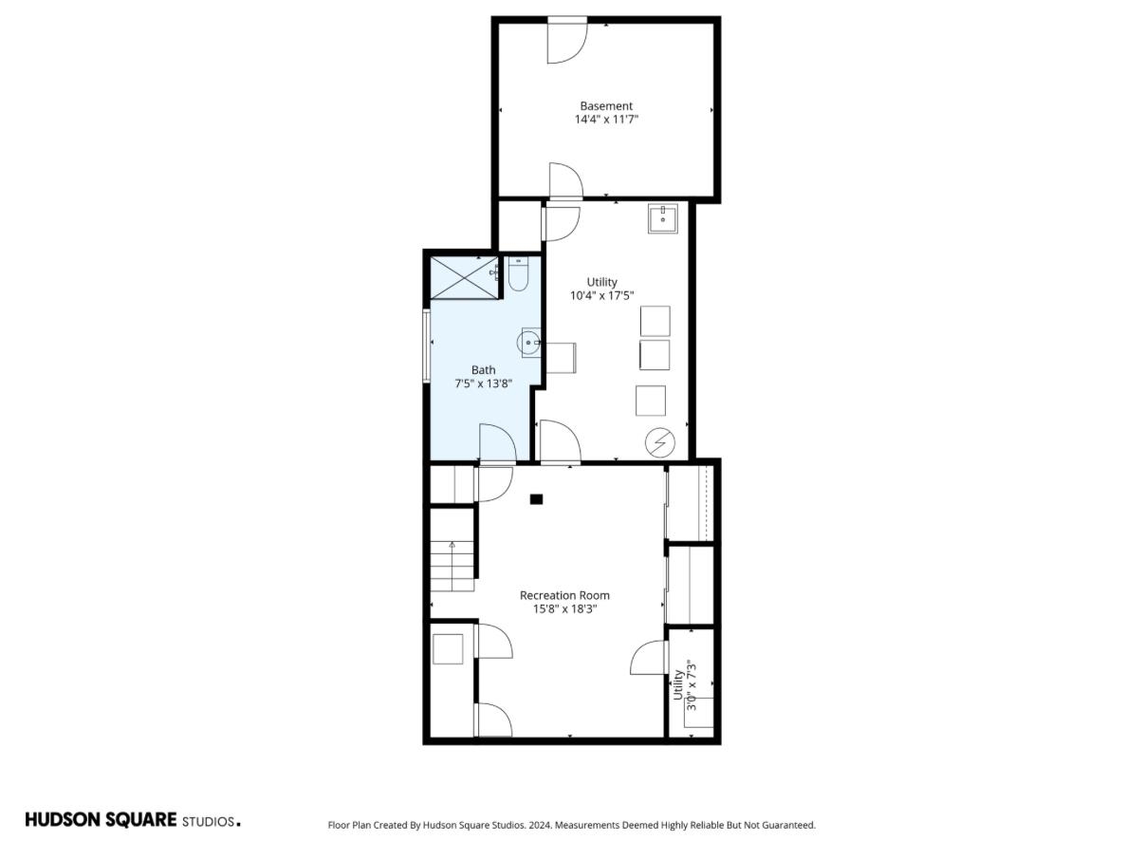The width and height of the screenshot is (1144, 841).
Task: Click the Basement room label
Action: tap(606, 105)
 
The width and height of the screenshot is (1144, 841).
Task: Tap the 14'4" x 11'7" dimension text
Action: tap(606, 120)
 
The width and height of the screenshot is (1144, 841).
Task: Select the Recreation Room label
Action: tap(564, 595)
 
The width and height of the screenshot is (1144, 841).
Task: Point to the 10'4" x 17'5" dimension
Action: tap(601, 295)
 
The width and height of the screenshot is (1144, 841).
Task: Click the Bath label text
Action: tap(483, 370)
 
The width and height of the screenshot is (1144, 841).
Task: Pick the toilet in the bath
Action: tap(518, 274)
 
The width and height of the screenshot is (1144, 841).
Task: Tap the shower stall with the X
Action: tap(464, 277)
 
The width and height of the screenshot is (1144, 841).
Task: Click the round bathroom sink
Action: tap(528, 343)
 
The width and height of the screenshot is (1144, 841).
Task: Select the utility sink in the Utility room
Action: tap(663, 218)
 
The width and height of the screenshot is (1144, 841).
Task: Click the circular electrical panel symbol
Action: tap(660, 442)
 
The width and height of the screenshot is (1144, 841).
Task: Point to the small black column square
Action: tap(536, 499)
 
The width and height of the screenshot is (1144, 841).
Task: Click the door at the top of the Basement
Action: tap(567, 42)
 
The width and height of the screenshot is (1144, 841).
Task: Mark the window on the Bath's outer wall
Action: tap(426, 346)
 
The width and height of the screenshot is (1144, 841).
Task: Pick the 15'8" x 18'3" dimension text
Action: tap(564, 609)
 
